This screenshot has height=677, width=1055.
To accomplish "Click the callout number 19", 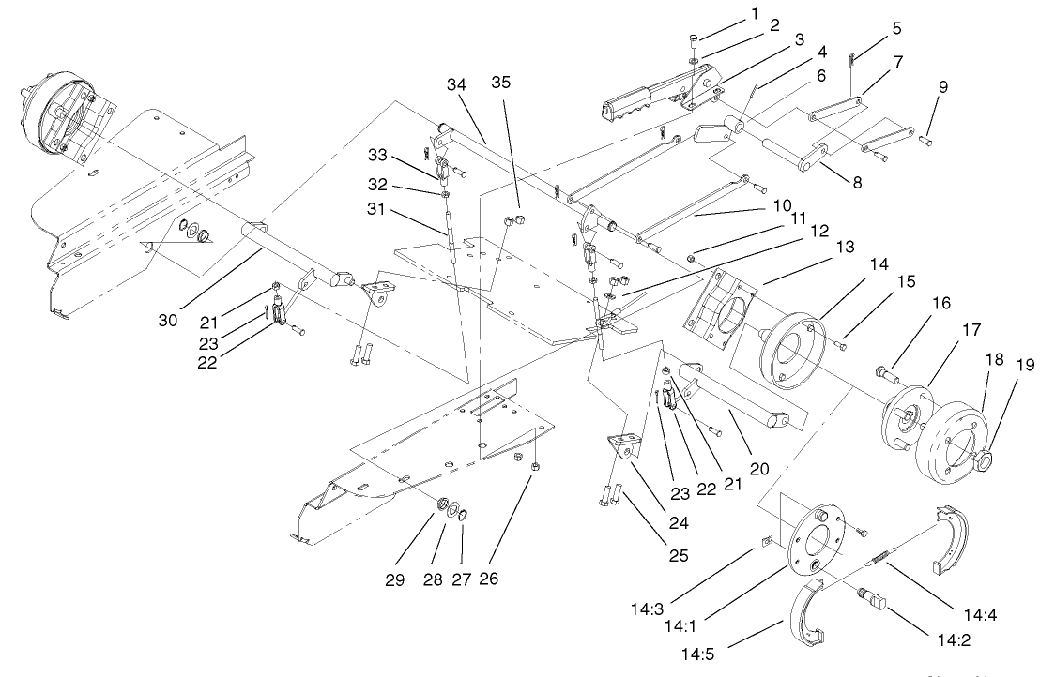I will pos(1025,365).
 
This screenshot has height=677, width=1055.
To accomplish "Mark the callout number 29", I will pos(394,580).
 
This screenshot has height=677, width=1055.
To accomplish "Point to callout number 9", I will pos(943,88).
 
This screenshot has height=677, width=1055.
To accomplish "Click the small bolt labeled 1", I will pos(693,40).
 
